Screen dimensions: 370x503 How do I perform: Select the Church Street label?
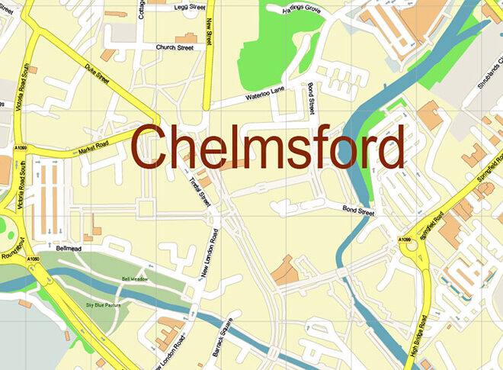pyautogui.click(x=175, y=47)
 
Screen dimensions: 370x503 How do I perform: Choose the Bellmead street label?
pyautogui.click(x=69, y=248)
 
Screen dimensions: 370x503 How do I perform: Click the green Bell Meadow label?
pyautogui.click(x=135, y=278)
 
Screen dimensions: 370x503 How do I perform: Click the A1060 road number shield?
pyautogui.click(x=33, y=261)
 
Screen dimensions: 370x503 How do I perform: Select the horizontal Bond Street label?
pyautogui.click(x=358, y=211)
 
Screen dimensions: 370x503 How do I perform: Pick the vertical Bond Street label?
pyautogui.click(x=312, y=99)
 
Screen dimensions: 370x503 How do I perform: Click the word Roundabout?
pyautogui.click(x=13, y=248)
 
